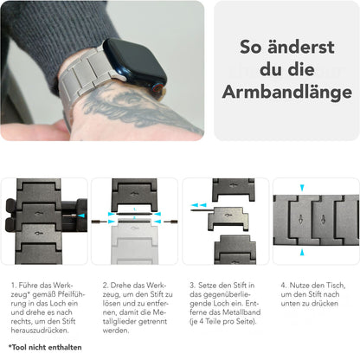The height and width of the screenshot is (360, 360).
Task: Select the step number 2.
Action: [105, 283]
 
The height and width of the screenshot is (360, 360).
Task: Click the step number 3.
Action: [191, 283]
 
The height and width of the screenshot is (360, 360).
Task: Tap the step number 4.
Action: [283, 283]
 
